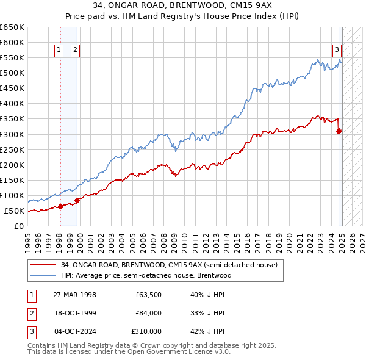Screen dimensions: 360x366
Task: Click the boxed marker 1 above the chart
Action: [x=60, y=51]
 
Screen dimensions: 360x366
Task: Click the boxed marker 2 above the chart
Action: [x=75, y=51]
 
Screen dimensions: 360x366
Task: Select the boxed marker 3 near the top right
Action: [x=336, y=51]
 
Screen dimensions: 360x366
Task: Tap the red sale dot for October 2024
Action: [x=339, y=130]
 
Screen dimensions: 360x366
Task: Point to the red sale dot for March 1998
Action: [x=60, y=206]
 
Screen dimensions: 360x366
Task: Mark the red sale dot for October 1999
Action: [x=77, y=200]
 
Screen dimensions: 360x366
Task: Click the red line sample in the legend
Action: [x=43, y=265]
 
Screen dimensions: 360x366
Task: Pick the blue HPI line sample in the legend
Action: [x=43, y=275]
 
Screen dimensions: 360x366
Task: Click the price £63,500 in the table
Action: [x=148, y=295]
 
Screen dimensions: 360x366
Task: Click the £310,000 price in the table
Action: [x=146, y=331]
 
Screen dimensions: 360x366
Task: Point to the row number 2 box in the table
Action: [x=31, y=313]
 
